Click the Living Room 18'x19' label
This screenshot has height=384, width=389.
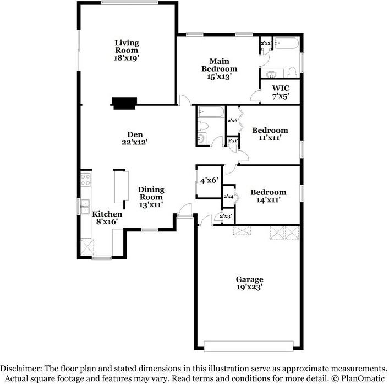click(x=127, y=50)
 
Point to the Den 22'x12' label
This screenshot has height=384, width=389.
click(x=135, y=137)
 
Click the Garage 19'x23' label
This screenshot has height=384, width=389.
click(x=250, y=283)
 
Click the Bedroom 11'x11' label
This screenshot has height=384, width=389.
click(x=270, y=135)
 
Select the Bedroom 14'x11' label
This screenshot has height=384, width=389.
click(x=269, y=197)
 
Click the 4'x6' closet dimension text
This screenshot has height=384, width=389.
click(x=210, y=180)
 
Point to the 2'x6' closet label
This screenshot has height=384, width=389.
click(x=233, y=121)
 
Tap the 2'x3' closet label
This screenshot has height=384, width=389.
click(x=226, y=217)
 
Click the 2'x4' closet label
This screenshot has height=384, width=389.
click(x=229, y=196)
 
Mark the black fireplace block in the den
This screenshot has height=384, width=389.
click(x=124, y=102)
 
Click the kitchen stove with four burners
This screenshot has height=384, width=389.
click(x=86, y=179)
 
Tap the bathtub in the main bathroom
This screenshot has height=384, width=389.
click(x=286, y=44)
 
